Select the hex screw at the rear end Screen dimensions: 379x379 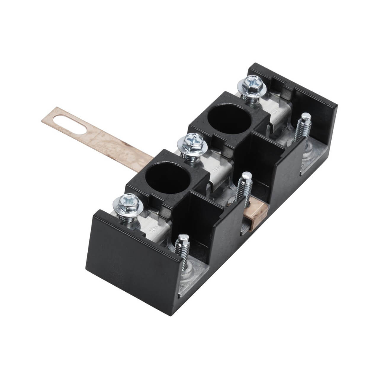pos(251,84)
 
